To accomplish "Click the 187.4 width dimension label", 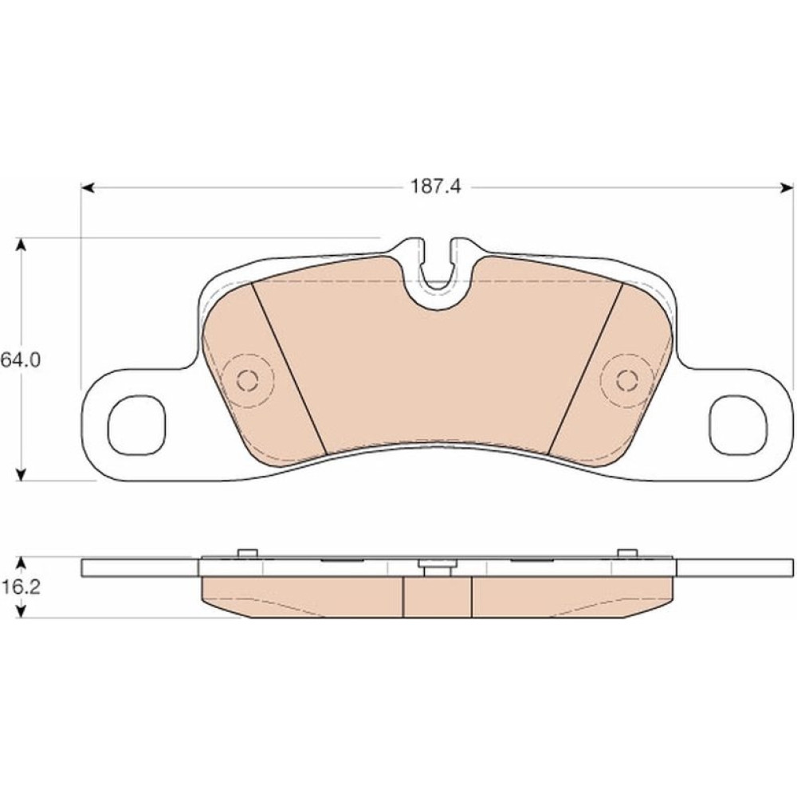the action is click(436, 187).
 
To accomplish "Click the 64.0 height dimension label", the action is click(21, 360).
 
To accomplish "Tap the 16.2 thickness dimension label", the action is click(21, 587).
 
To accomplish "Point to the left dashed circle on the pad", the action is click(248, 380).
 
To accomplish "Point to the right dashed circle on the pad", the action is click(626, 380).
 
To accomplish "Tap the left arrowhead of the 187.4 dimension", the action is click(88, 188).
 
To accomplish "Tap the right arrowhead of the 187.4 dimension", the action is click(787, 188).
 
